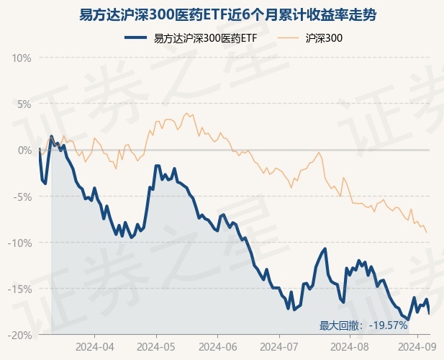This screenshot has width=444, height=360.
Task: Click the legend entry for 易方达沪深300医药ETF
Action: point(205,37)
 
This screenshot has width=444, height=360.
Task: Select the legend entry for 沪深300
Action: point(323,37)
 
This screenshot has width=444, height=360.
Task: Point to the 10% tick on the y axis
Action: point(22,58)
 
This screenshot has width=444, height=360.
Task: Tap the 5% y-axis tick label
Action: point(24,104)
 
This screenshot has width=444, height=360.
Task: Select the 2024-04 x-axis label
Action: point(94,346)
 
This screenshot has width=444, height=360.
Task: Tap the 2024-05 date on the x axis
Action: point(156,346)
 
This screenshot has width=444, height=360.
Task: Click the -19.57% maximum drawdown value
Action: point(389,326)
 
